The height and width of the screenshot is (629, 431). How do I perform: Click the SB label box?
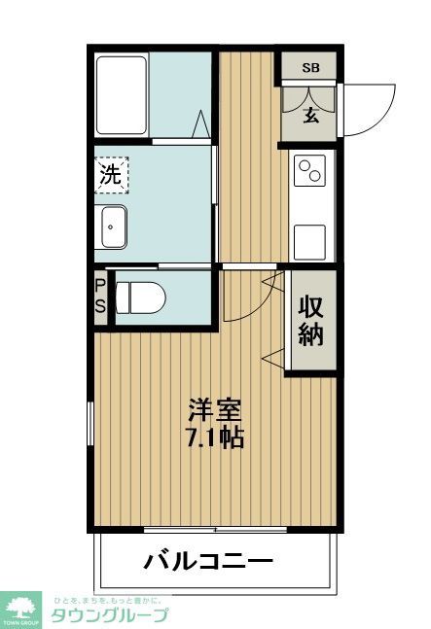pos(309,67)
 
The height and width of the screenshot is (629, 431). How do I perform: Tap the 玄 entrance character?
pos(310,115)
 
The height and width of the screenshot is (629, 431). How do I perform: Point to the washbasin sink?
pos(113,228)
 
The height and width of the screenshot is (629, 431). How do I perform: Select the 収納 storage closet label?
pos(311,320)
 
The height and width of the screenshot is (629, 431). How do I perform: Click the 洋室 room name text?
pos(215,410)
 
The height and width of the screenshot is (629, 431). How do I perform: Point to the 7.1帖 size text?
pos(215,437)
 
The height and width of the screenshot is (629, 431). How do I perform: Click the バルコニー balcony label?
pos(209,561)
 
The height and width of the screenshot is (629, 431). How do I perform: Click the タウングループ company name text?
pos(110,613)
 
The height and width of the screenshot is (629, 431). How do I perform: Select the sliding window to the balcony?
pos(215,530)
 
